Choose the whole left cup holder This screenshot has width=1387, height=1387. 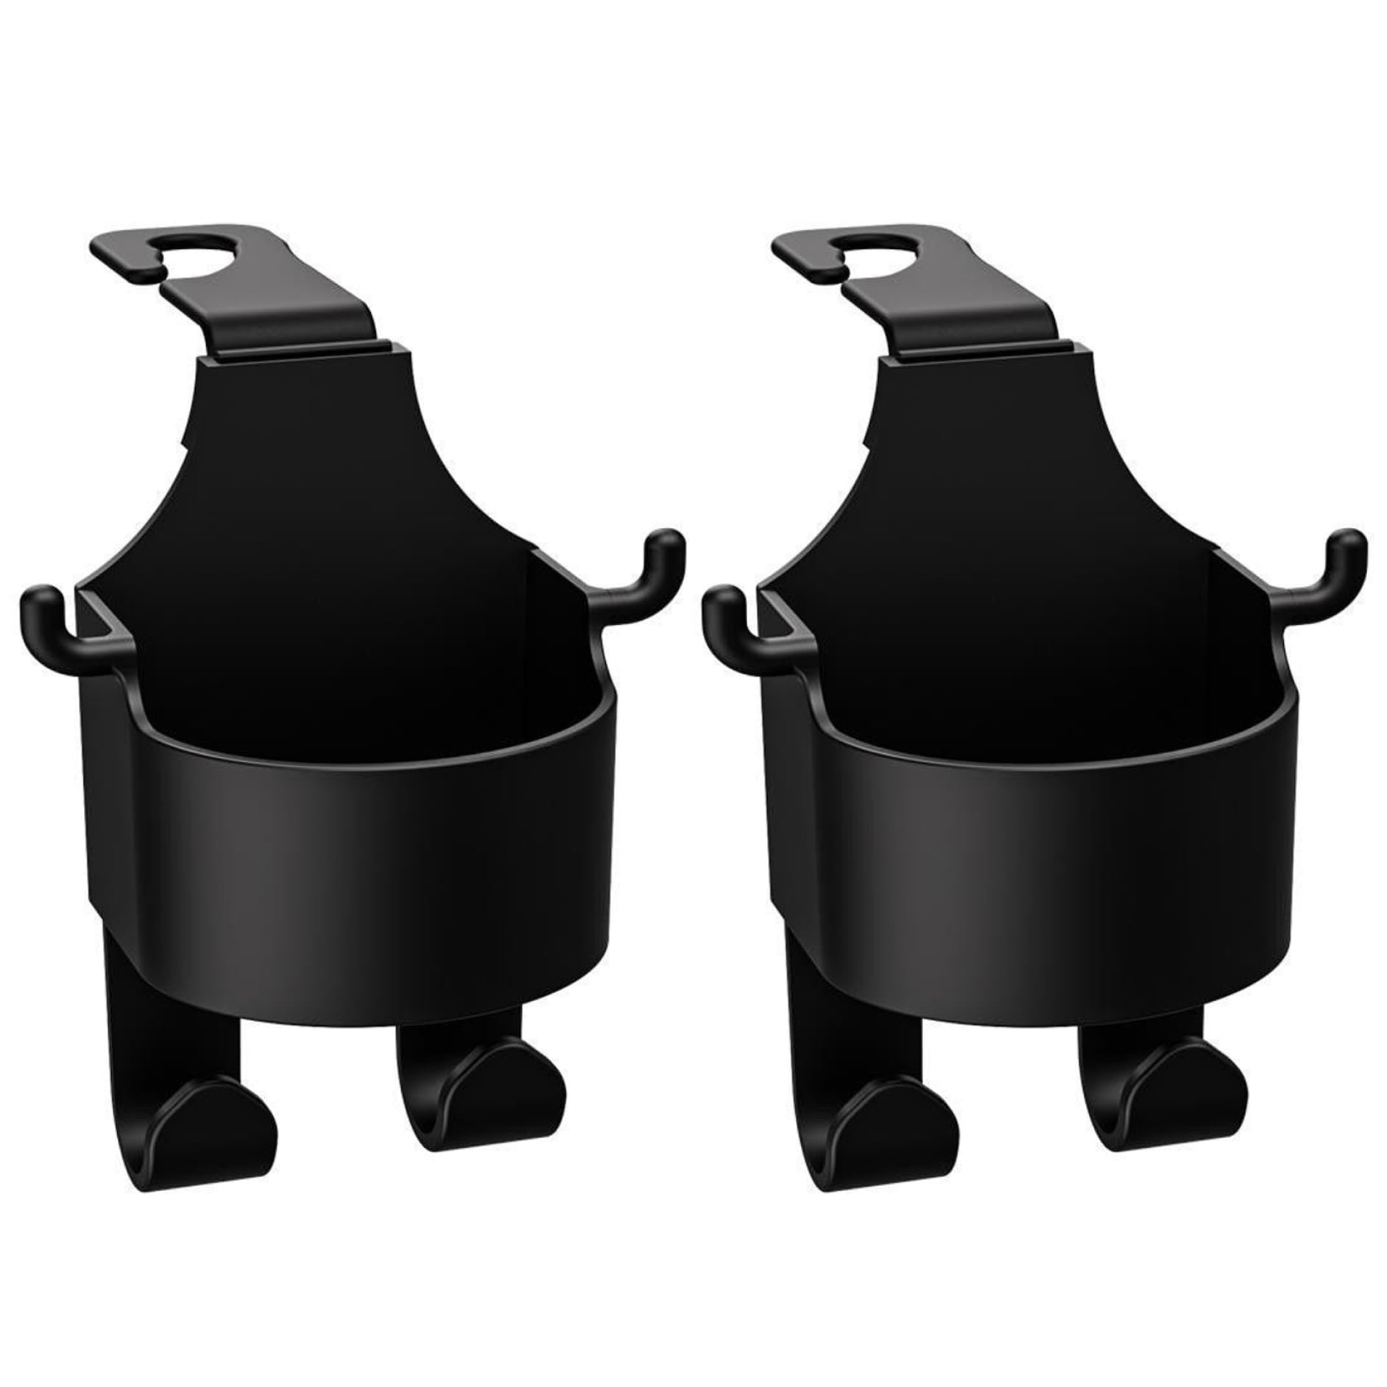[x=346, y=736]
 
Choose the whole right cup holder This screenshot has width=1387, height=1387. [x=1027, y=736]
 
